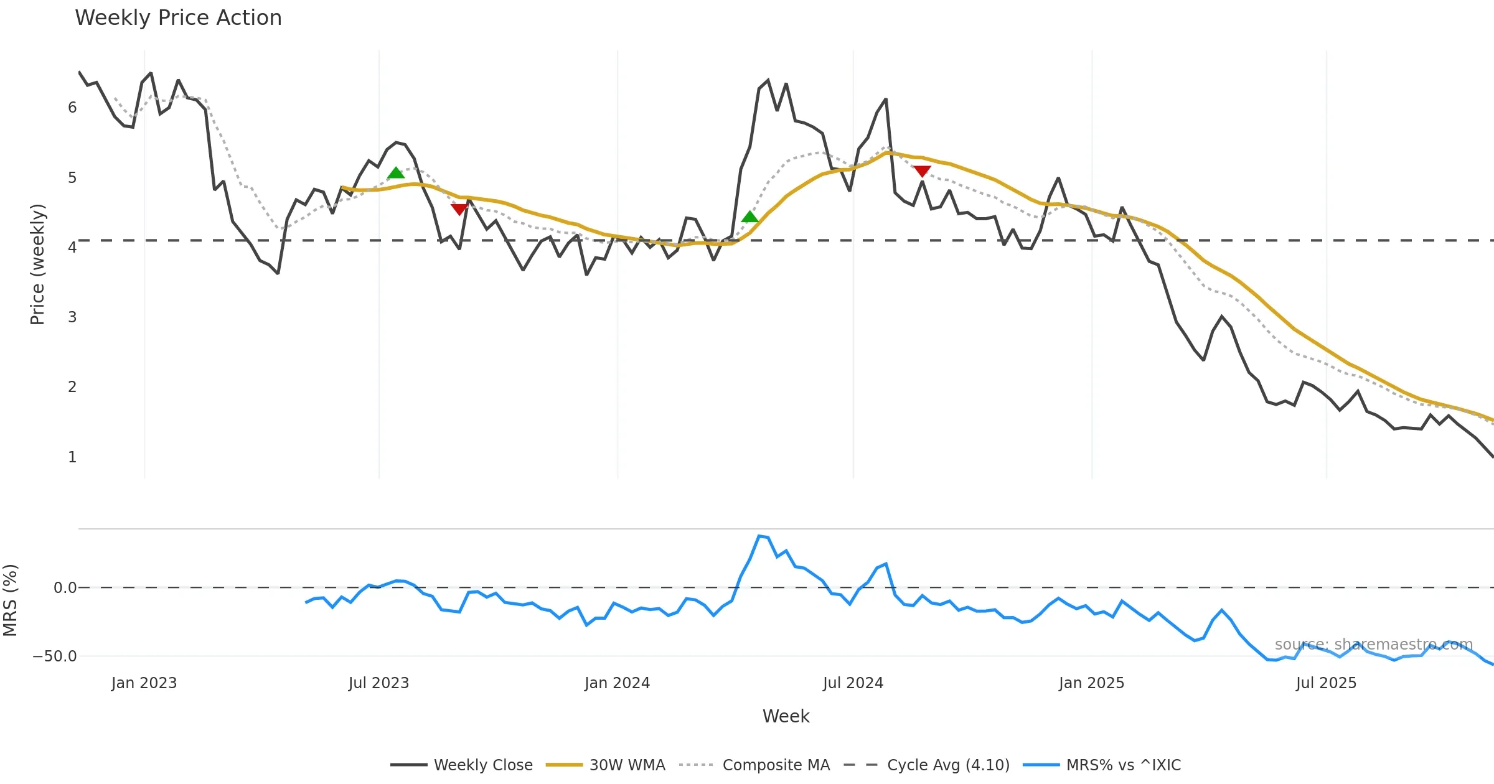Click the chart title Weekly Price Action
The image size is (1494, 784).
pos(178,18)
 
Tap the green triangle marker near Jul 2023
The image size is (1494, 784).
pos(396,173)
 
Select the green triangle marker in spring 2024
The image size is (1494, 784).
pos(750,217)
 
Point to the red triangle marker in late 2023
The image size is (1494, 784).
pos(459,209)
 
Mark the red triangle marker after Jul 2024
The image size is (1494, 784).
pos(922,171)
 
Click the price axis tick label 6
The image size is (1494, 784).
pos(72,108)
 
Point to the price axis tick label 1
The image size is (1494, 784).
pos(72,457)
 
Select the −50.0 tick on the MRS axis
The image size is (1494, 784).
pos(55,656)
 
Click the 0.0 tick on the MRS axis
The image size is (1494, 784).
pos(65,588)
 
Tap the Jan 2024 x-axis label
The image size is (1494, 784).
pos(617,683)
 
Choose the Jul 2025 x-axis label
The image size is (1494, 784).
pos(1326,683)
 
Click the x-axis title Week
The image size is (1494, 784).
pos(786,717)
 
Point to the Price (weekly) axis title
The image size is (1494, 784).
pos(37,264)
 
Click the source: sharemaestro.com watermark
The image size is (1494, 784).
pos(1373,645)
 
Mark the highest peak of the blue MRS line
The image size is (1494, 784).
pos(759,536)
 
